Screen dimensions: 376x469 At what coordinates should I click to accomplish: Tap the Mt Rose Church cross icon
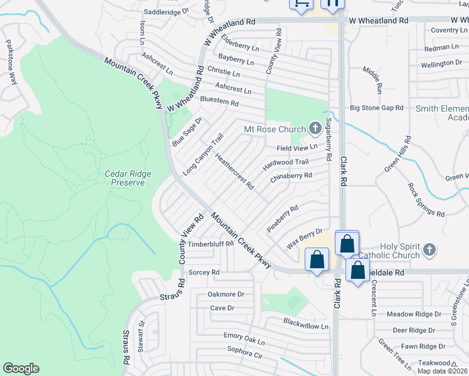click(314, 128)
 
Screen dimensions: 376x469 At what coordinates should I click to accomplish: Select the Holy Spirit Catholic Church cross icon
click(429, 250)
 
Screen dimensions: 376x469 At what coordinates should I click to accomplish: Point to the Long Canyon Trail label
click(203, 154)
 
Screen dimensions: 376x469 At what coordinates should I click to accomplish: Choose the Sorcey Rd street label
click(204, 273)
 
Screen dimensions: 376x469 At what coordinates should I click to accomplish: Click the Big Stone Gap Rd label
click(376, 108)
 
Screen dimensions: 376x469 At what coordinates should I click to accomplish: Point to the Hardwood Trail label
click(286, 162)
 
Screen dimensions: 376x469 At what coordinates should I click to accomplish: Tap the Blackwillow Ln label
click(305, 326)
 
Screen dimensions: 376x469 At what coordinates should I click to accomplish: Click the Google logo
click(21, 368)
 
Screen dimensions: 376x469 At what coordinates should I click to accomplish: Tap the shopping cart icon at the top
click(301, 3)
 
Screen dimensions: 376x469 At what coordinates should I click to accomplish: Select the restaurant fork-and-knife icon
click(333, 3)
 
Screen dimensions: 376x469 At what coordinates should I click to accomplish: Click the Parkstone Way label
click(11, 63)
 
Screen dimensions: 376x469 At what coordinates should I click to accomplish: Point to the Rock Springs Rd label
click(426, 200)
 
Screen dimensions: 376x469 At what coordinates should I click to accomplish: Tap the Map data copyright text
click(443, 371)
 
